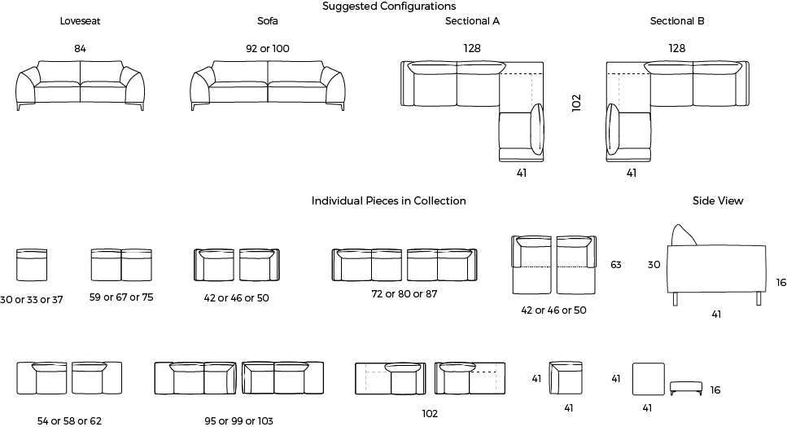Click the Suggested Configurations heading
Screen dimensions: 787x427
[x=389, y=7]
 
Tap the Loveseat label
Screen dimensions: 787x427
[x=81, y=21]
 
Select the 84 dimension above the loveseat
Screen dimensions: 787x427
[x=81, y=49]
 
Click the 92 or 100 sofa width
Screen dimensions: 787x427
[x=268, y=49]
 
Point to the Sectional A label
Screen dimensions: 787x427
[x=472, y=21]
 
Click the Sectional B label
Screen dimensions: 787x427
[x=677, y=21]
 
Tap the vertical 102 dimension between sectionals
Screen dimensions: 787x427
[x=576, y=103]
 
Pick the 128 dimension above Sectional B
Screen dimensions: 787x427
[x=676, y=48]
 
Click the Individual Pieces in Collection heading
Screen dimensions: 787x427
[x=388, y=201]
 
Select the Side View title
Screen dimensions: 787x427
[x=718, y=201]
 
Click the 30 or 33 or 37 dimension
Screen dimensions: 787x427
[x=32, y=300]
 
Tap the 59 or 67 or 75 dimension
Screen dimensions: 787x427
[x=121, y=297]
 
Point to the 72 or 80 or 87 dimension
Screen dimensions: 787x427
[x=404, y=294]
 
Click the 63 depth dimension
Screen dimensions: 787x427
[x=616, y=265]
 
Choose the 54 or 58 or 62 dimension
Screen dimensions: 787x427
[x=69, y=421]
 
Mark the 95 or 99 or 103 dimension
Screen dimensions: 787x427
[x=239, y=421]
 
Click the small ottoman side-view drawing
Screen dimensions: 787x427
[x=686, y=388]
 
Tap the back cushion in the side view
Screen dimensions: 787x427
[x=684, y=235]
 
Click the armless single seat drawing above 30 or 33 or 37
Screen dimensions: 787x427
[x=32, y=265]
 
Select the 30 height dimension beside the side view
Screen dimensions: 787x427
[x=654, y=265]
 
